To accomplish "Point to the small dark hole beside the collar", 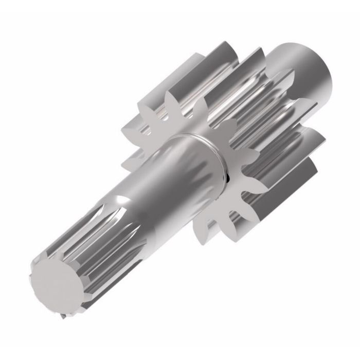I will click(227, 178).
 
